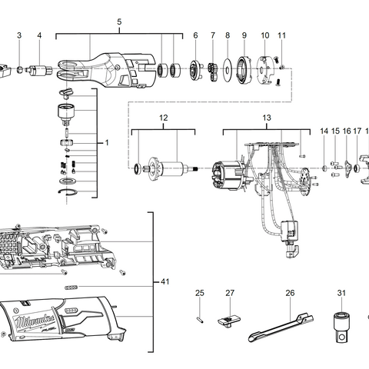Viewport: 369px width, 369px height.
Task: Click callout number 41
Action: pos(165,282)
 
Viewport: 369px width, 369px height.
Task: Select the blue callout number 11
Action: pos(281,35)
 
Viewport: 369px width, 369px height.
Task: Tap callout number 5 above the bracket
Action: pos(119,22)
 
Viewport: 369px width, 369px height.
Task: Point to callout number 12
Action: pos(163,118)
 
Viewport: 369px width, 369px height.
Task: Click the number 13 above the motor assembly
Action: pos(267,118)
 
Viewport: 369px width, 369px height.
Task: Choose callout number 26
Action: pos(290,293)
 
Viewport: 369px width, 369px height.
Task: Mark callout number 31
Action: pos(341,293)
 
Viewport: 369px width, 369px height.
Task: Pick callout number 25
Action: pos(199,293)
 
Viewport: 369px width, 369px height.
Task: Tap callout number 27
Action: pos(229,293)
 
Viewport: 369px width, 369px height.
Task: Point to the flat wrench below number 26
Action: pos(281,325)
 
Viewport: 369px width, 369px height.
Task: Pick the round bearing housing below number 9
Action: pos(244,71)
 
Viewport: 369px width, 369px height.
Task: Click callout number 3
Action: pos(19,35)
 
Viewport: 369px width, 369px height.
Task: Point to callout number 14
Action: pos(324,131)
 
